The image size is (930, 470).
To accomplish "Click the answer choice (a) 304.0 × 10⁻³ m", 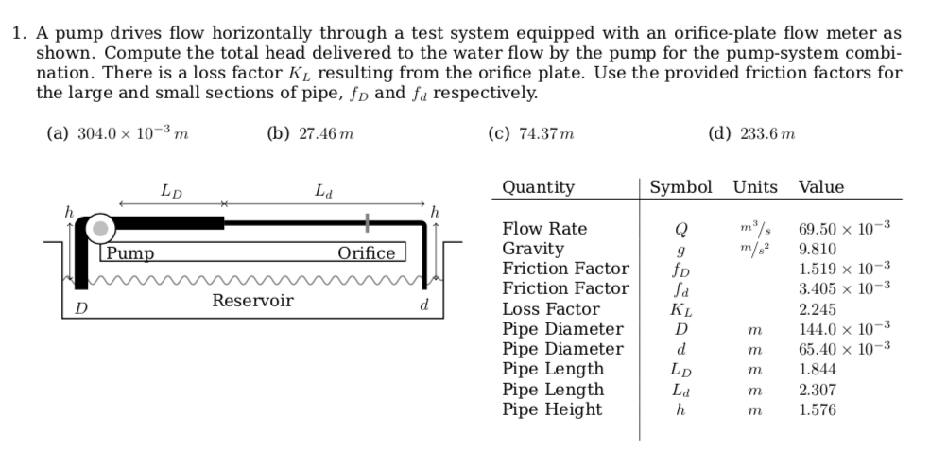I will click(x=117, y=134).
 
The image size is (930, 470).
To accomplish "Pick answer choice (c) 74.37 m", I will click(x=530, y=134).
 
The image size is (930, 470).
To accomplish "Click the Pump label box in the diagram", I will click(x=129, y=252).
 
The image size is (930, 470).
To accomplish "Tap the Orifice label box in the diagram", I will click(x=367, y=252).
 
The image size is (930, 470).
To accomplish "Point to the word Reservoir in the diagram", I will click(x=252, y=301).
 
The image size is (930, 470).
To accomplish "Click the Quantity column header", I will click(x=538, y=187).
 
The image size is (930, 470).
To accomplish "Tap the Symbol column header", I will click(x=680, y=187).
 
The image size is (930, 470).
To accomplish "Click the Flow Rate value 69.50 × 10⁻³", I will click(x=844, y=229).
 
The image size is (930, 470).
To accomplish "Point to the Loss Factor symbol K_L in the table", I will click(x=679, y=309).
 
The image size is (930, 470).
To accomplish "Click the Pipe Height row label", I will click(x=552, y=409).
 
